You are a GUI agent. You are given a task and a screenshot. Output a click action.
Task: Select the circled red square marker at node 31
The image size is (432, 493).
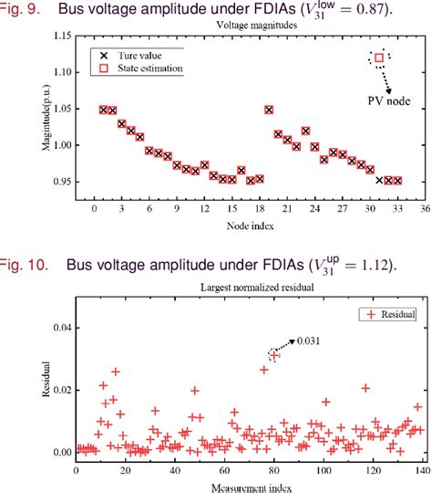tap(379, 58)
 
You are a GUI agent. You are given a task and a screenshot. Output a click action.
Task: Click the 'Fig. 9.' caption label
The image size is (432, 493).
tap(20, 9)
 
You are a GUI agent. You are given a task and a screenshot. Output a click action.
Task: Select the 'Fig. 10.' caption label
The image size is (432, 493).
tap(23, 266)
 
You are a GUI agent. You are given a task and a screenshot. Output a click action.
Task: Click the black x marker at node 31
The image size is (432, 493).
tap(379, 180)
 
